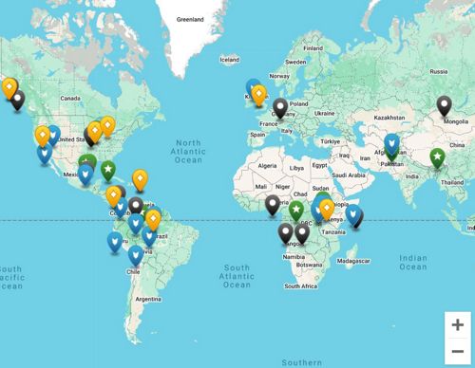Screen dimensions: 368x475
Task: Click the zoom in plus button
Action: [x=457, y=323]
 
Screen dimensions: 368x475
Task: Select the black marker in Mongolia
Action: [x=444, y=105]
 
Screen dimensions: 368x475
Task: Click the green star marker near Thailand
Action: [x=437, y=156]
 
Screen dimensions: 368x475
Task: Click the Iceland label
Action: [x=230, y=60]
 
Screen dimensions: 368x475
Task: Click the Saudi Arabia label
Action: [x=350, y=175]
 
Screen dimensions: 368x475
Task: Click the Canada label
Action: [x=67, y=97]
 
